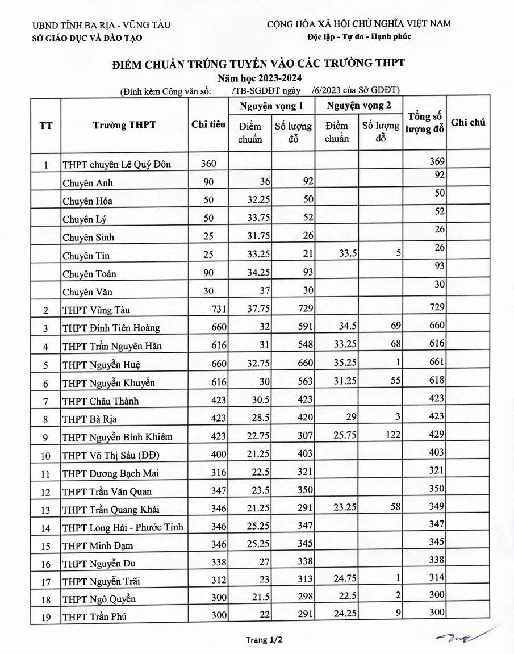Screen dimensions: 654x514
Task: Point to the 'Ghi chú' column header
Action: pos(468,122)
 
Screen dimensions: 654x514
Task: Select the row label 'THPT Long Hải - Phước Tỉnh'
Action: pos(123,527)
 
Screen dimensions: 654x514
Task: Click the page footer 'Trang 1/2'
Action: pos(264,640)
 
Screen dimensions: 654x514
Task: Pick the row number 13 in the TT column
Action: pos(45,510)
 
